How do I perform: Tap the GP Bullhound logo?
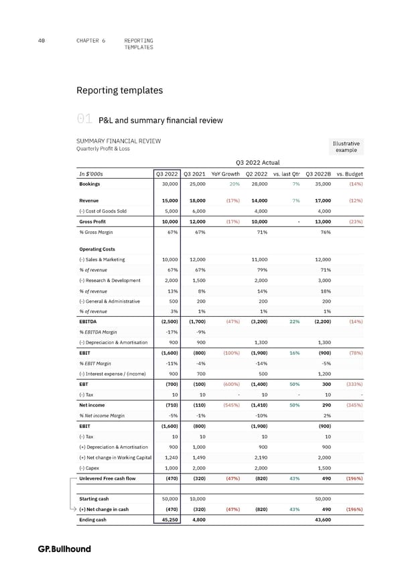64,549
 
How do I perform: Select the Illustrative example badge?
346,146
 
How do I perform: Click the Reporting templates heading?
119,90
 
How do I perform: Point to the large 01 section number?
84,120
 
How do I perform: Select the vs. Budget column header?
349,174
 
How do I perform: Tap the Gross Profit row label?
94,220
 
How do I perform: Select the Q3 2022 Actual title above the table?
258,161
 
